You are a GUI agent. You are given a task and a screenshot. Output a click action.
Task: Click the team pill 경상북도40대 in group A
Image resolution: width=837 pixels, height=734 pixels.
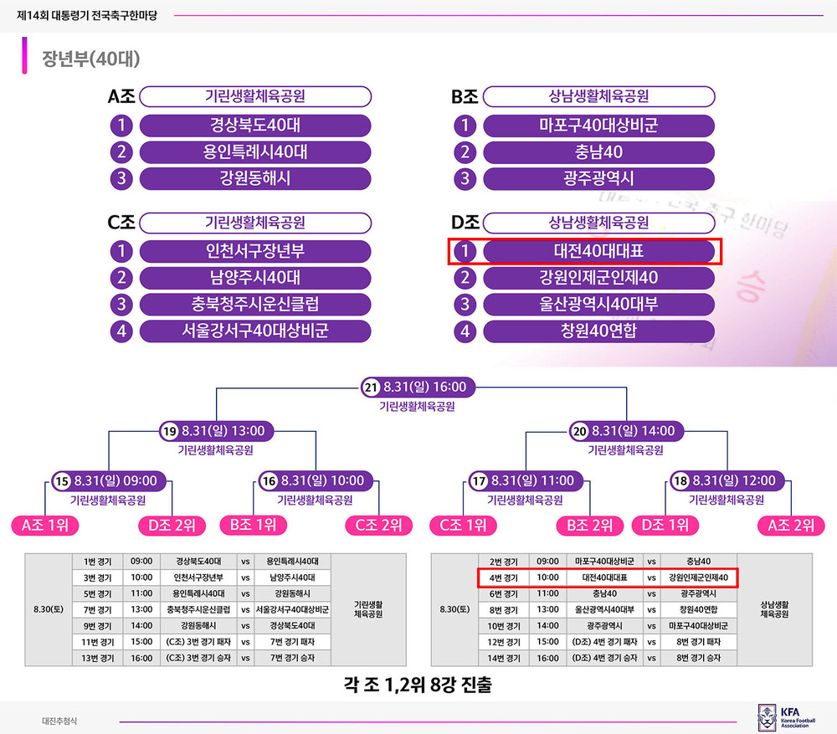pyautogui.click(x=255, y=126)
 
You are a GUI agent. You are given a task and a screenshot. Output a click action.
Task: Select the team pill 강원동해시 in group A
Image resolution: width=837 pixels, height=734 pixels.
pyautogui.click(x=255, y=178)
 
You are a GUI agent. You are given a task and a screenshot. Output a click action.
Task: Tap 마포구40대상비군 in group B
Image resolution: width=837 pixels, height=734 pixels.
pyautogui.click(x=598, y=126)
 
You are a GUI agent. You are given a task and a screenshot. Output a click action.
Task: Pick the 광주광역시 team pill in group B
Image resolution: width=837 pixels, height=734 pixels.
pyautogui.click(x=598, y=178)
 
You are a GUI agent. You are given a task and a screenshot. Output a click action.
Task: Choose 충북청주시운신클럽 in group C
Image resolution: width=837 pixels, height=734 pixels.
pyautogui.click(x=255, y=305)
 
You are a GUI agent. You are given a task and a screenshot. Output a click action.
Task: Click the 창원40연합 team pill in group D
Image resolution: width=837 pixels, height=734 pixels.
pyautogui.click(x=598, y=331)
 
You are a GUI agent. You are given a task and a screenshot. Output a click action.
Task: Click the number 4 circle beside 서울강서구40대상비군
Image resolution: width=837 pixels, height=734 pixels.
pyautogui.click(x=121, y=331)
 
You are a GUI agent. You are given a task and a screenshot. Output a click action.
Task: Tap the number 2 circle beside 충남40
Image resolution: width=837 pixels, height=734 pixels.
pyautogui.click(x=465, y=152)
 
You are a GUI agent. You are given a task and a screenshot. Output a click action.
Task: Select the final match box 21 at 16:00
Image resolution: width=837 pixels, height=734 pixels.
pyautogui.click(x=418, y=387)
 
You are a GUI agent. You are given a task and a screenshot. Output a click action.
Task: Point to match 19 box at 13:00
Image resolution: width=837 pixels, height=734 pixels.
pyautogui.click(x=216, y=431)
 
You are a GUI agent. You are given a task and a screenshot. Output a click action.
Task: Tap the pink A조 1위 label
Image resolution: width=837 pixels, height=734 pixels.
pyautogui.click(x=45, y=526)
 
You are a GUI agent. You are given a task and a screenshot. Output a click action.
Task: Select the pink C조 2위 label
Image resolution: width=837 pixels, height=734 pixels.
pyautogui.click(x=379, y=526)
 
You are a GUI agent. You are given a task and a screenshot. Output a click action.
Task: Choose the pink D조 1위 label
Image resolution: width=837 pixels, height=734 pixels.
pyautogui.click(x=665, y=526)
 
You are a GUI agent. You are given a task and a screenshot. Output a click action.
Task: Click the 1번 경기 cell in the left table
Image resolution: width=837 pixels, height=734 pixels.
pyautogui.click(x=98, y=562)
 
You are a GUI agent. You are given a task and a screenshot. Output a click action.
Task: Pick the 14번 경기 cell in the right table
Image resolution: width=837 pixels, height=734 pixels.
pyautogui.click(x=504, y=658)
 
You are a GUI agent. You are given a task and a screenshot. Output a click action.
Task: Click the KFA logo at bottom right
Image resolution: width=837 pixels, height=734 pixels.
pyautogui.click(x=786, y=717)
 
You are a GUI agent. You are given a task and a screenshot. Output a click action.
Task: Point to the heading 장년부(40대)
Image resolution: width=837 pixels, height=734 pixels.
pyautogui.click(x=91, y=59)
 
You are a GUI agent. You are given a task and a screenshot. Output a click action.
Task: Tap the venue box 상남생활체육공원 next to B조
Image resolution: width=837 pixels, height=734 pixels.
pyautogui.click(x=598, y=96)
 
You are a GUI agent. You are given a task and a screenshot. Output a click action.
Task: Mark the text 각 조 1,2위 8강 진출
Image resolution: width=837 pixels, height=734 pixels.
pyautogui.click(x=418, y=685)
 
